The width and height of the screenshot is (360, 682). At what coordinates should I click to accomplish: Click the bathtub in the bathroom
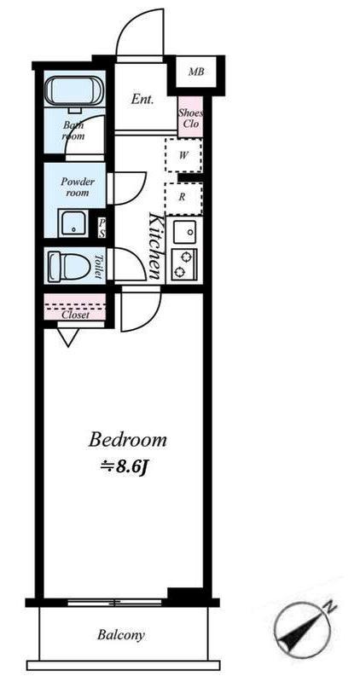[x=75, y=90]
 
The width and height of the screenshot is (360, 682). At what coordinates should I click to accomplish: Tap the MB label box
[x=196, y=72]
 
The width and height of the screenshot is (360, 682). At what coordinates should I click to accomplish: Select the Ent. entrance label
[x=142, y=99]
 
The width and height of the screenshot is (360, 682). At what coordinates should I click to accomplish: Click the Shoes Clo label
[x=190, y=118]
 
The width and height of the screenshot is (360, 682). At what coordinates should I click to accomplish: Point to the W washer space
[x=183, y=156]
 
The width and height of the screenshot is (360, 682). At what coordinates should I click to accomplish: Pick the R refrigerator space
[x=183, y=197]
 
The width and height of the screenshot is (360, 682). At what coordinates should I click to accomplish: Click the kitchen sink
[x=184, y=232]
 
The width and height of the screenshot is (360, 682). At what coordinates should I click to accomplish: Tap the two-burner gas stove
[x=184, y=265]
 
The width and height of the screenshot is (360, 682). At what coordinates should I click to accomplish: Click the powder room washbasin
[x=73, y=223]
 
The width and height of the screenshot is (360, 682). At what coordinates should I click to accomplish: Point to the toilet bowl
[x=68, y=266]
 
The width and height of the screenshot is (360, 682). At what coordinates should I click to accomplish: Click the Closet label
[x=75, y=315]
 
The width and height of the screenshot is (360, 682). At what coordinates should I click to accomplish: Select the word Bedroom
[x=128, y=440]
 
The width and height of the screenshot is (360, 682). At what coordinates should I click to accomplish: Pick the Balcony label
[x=120, y=635]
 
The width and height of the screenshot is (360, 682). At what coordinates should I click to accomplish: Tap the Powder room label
[x=78, y=187]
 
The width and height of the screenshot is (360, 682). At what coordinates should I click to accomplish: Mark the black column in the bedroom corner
[x=185, y=593]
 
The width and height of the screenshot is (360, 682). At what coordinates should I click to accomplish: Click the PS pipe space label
[x=102, y=228]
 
